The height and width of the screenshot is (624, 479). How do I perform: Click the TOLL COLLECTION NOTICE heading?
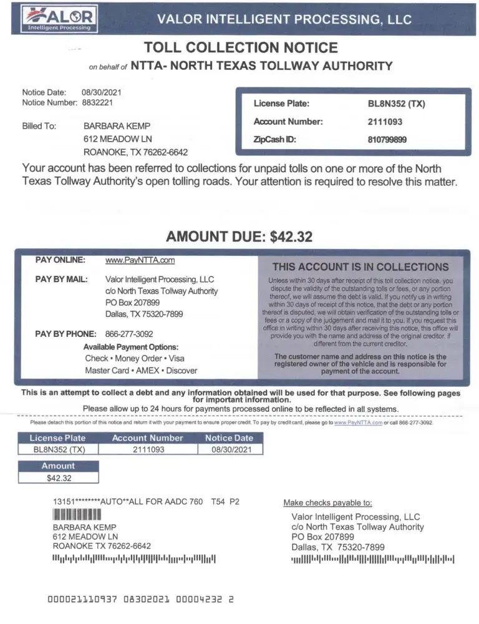point(241,47)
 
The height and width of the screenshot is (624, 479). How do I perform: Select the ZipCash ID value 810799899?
point(387,140)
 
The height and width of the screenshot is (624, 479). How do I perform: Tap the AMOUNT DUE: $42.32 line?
point(239,236)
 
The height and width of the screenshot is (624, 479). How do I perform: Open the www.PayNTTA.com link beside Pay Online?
point(140,260)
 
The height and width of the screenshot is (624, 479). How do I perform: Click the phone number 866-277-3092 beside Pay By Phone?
point(129,334)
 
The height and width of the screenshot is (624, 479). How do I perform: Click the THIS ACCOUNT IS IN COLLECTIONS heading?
point(360,266)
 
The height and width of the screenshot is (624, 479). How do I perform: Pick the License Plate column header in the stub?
point(59,438)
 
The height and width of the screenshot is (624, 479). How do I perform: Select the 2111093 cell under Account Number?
point(148,449)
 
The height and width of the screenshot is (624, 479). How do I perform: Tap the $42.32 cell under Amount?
point(59,478)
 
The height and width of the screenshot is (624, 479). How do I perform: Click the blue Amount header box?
point(58,466)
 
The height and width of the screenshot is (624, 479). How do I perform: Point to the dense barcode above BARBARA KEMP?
point(77,515)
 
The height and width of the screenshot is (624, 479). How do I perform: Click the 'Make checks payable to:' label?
point(327,502)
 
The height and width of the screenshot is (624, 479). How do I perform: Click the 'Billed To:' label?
point(39,125)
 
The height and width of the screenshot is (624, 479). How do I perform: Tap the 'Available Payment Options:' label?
point(131,347)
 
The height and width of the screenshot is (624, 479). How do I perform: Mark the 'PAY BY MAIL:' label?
point(61,279)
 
